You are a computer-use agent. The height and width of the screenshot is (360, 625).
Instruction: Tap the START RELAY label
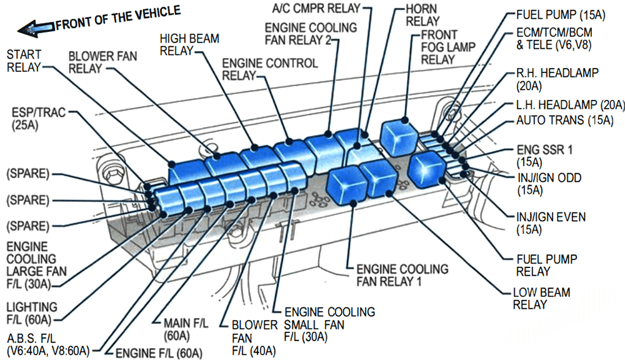tap(24, 61)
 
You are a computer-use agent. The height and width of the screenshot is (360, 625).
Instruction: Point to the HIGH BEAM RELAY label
tap(189, 44)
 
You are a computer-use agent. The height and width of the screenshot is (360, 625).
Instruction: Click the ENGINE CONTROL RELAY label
tap(269, 69)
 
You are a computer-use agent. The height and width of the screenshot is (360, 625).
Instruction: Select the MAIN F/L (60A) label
tap(185, 329)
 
